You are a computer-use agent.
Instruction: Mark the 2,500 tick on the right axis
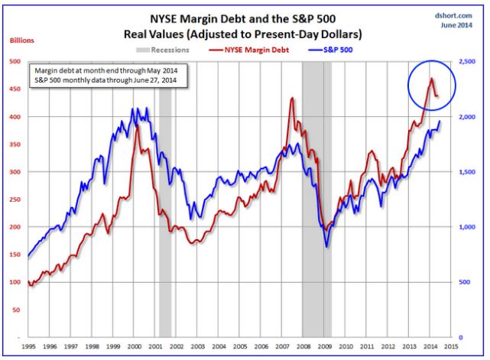469,62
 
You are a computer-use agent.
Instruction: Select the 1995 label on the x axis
29,347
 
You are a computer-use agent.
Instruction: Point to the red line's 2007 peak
291,98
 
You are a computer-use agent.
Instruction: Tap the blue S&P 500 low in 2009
326,246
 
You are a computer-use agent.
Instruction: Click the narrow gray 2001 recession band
164,199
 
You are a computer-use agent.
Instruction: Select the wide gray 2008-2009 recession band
312,199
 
